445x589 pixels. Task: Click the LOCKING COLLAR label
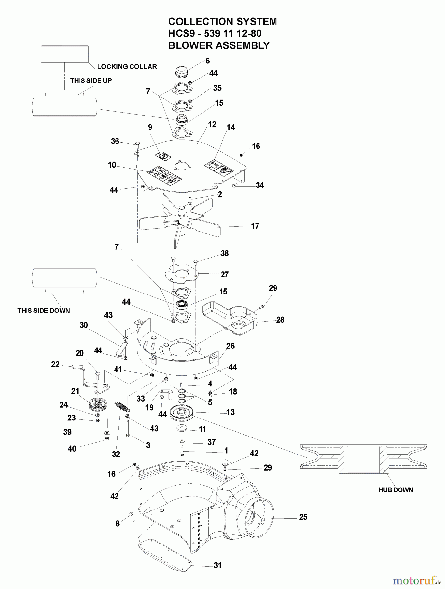click(127, 67)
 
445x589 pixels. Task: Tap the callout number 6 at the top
click(207, 61)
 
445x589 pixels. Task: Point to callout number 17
click(255, 226)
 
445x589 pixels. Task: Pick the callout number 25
click(303, 517)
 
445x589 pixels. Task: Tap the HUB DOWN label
click(396, 490)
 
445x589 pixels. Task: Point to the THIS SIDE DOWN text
click(44, 311)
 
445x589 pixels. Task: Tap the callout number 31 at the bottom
click(218, 565)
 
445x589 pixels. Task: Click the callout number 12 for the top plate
click(212, 125)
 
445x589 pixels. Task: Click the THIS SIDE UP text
click(91, 80)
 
